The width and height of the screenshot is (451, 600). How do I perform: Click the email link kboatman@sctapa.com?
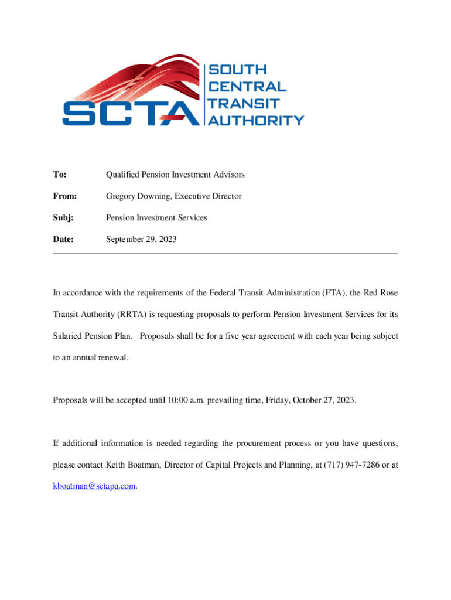pyautogui.click(x=94, y=486)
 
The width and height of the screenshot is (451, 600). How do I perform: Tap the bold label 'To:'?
pyautogui.click(x=59, y=175)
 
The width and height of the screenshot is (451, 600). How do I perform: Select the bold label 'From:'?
pyautogui.click(x=65, y=196)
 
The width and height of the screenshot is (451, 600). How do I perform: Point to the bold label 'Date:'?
pyautogui.click(x=64, y=239)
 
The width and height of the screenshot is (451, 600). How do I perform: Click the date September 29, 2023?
pyautogui.click(x=141, y=239)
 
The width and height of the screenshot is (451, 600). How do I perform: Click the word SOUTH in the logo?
pyautogui.click(x=238, y=70)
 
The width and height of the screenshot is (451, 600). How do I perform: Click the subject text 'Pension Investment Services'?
pyautogui.click(x=156, y=218)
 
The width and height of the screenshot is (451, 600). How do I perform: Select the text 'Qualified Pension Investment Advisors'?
pyautogui.click(x=175, y=175)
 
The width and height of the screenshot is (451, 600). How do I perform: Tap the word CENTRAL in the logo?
pyautogui.click(x=248, y=87)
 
